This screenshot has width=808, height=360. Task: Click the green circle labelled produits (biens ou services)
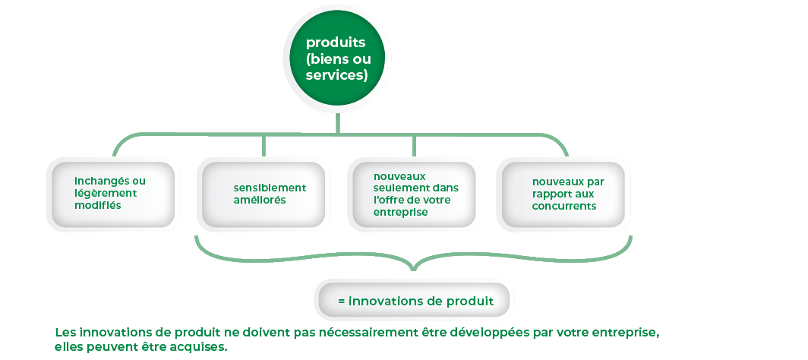[x=337, y=59]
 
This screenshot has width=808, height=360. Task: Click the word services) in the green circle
[x=336, y=75]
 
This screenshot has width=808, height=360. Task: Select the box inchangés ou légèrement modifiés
[x=114, y=194]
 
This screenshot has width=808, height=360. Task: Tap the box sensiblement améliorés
[x=264, y=194]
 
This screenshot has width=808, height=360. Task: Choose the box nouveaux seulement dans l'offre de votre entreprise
[x=414, y=194]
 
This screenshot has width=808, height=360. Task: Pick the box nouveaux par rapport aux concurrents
[x=563, y=194]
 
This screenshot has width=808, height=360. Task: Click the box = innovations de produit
[x=415, y=301]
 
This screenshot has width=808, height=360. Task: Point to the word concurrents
[x=564, y=206]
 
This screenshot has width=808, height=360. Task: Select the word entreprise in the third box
[x=401, y=212]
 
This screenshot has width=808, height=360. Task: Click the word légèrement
[x=106, y=194]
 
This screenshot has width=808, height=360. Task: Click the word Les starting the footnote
[x=65, y=333]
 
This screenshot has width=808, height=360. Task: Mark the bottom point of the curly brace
[x=414, y=269]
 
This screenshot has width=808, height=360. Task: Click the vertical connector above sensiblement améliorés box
[x=264, y=146]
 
